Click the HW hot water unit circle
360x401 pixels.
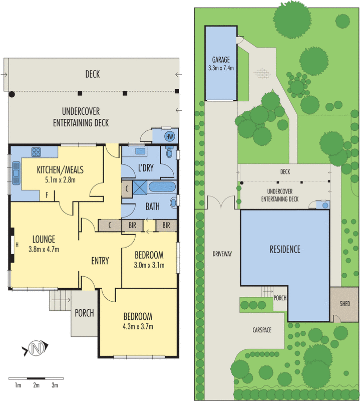[x=170, y=136]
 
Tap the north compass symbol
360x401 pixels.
[x=36, y=348]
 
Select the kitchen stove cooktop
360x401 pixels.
[x=36, y=152]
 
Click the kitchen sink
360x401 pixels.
[x=16, y=173]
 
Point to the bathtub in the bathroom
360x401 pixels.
[x=162, y=186]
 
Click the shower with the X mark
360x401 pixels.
[x=140, y=187]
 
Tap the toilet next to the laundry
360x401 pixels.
[x=169, y=152]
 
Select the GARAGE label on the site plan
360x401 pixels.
[x=221, y=60]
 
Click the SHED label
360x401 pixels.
[x=344, y=304]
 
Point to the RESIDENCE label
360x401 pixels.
[x=285, y=249]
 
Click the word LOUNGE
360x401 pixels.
[x=44, y=239]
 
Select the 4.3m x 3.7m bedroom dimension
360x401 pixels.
[x=138, y=327]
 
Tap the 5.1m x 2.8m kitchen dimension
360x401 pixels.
[x=60, y=180]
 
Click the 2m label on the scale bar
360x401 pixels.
[x=36, y=385]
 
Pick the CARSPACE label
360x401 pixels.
[x=262, y=330]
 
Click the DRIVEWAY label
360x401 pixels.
[x=222, y=254]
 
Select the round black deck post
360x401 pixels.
[x=12, y=94]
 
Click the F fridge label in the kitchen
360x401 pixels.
[x=47, y=195]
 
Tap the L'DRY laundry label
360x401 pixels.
[x=146, y=168]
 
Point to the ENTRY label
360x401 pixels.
[x=100, y=261]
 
